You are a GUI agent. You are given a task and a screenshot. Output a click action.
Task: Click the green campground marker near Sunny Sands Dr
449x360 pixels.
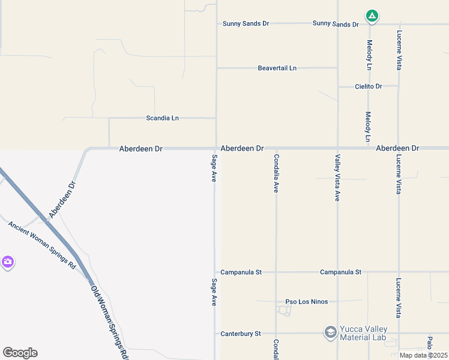(372, 16)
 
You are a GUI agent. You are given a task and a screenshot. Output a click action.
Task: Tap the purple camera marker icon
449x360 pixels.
(7, 262)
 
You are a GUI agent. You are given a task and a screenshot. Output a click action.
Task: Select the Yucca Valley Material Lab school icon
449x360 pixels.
(330, 332)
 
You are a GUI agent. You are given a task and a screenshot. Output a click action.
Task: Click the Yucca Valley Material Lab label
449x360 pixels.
(363, 334)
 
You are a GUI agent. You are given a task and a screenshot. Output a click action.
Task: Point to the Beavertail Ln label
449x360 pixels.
(277, 68)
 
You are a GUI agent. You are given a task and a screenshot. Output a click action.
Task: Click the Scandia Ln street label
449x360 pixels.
(163, 118)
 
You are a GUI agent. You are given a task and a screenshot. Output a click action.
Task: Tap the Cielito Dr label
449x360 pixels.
(369, 86)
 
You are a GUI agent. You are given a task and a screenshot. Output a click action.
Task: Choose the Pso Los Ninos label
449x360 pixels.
(306, 301)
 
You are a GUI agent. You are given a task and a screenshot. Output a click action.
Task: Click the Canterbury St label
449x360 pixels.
(241, 333)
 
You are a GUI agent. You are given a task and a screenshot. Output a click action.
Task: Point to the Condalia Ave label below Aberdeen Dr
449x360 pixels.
(276, 173)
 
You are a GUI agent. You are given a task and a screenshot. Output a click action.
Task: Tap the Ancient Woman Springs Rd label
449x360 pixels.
(42, 245)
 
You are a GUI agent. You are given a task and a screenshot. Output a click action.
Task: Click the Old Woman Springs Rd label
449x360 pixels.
(110, 322)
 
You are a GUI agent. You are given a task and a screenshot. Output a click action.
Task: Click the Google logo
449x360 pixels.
(20, 353)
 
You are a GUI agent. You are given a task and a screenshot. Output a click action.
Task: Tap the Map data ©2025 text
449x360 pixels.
(423, 355)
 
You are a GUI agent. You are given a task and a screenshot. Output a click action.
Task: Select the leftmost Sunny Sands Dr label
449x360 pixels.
(246, 23)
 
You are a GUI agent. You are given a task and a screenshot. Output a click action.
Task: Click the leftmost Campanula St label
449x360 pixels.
(241, 272)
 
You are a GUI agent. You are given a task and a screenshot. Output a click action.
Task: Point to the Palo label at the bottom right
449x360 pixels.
(430, 343)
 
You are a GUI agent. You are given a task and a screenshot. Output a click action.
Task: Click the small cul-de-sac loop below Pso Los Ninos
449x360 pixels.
(284, 310)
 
